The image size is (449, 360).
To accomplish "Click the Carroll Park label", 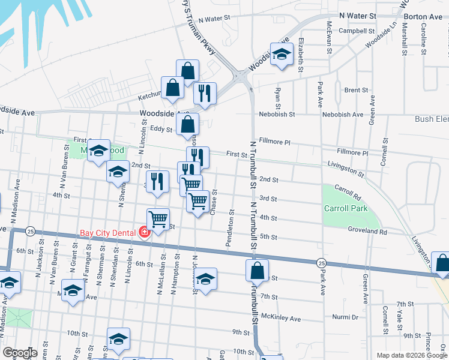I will tap(346, 209).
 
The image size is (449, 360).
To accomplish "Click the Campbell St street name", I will tap(357, 30).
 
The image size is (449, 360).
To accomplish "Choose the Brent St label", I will tap(356, 90).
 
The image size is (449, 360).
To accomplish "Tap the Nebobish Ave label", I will tap(345, 114).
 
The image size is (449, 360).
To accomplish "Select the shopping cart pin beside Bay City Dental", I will tap(158, 220).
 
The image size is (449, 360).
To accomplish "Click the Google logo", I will tap(20, 353).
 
